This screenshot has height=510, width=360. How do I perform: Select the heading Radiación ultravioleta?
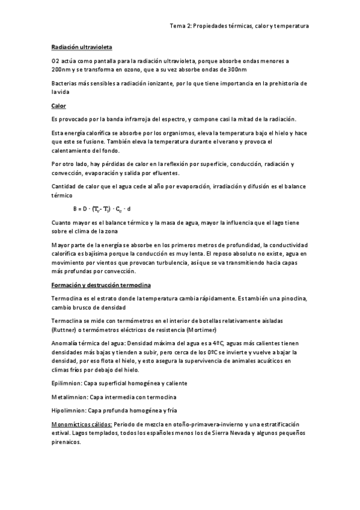coord(81,47)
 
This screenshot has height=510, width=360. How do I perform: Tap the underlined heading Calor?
coord(58,106)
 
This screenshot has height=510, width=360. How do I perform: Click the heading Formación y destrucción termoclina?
coord(101,284)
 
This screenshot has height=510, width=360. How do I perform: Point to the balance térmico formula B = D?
coord(102,209)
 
